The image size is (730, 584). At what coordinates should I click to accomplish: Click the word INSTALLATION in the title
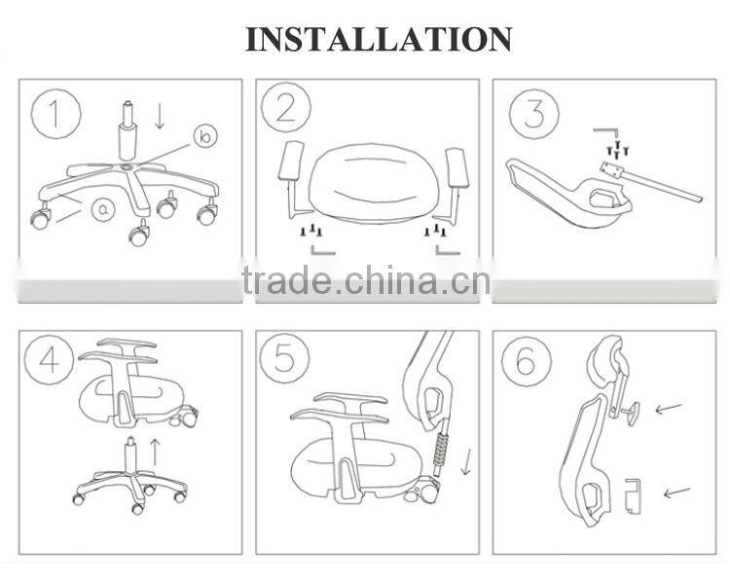379,38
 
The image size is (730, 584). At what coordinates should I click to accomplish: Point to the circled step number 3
534,113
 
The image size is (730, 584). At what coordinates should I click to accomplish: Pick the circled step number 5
283,358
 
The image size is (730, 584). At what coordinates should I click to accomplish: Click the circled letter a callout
104,208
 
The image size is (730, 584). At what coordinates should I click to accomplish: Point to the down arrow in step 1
160,115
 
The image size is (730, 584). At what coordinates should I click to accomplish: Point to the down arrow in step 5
465,460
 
